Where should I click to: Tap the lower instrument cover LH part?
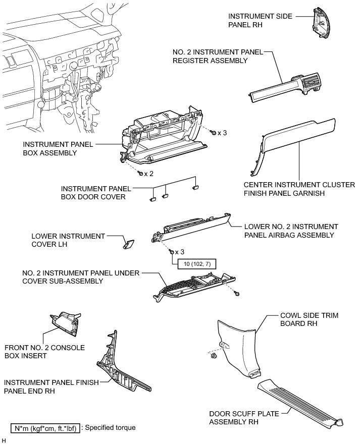click(129, 244)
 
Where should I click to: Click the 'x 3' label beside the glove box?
click(222, 133)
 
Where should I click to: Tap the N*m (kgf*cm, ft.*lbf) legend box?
click(45, 427)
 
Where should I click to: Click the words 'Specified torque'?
click(111, 427)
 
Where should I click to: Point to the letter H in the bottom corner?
click(4, 440)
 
